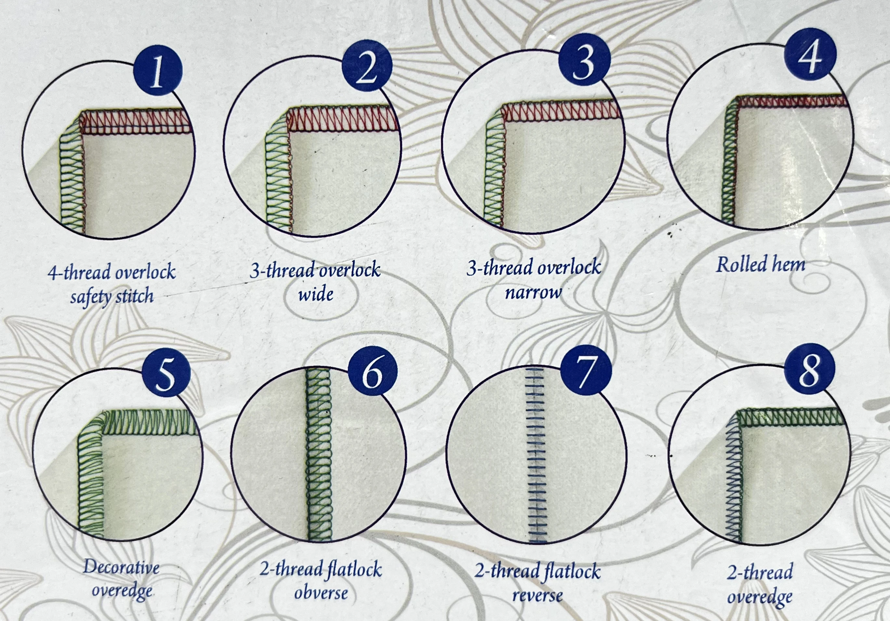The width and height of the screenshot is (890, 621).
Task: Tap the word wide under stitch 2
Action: click(316, 295)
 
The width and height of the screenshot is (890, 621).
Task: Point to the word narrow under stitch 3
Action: click(533, 293)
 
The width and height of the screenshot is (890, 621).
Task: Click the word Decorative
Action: click(121, 568)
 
